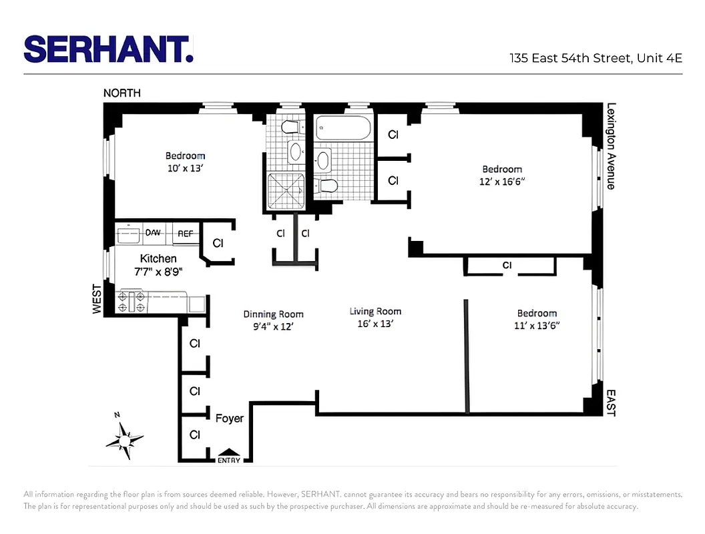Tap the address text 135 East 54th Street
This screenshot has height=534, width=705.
tap(571, 58)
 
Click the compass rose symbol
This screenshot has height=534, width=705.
tap(124, 439)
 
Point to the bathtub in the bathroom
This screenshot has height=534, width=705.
tap(343, 128)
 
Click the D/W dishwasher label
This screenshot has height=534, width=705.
tap(154, 233)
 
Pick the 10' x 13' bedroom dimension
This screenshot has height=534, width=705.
tap(185, 168)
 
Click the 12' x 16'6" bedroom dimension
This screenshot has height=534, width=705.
tap(501, 182)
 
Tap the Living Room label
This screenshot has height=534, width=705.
tap(375, 311)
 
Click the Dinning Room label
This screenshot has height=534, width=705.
tap(273, 314)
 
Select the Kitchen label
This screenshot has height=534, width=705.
tap(158, 258)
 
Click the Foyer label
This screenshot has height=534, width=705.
tap(229, 419)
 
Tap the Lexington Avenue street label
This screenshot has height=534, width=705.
tap(610, 146)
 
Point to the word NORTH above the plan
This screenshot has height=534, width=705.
tap(122, 93)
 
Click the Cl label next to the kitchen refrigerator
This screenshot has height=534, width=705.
tap(218, 244)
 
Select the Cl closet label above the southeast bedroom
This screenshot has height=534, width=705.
tap(507, 266)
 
